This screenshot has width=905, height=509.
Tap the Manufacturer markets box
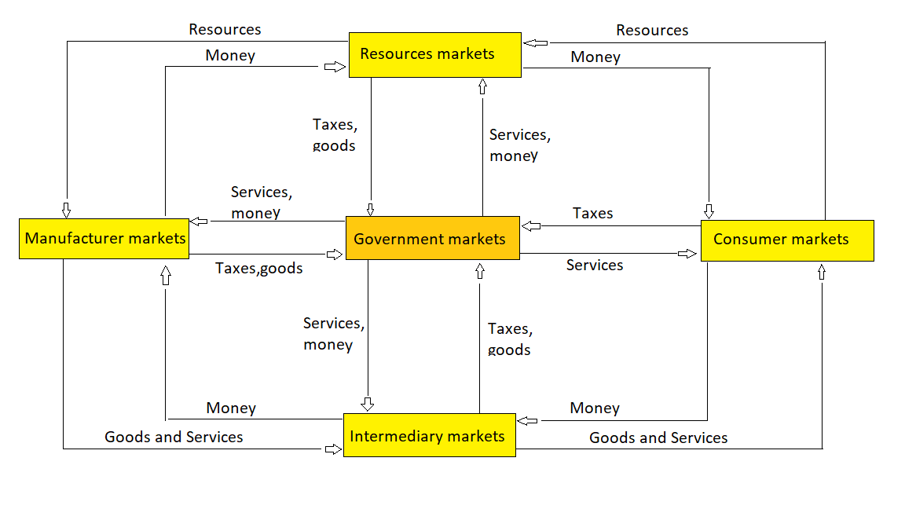coord(104,238)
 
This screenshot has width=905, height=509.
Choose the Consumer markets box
coord(786,240)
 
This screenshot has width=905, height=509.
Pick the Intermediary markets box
coord(429,435)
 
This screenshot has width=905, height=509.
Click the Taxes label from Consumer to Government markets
coord(592,213)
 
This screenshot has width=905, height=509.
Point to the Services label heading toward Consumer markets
coord(595,265)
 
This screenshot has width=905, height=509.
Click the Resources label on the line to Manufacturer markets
coord(225,29)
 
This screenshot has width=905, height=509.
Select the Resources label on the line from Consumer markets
coord(652,30)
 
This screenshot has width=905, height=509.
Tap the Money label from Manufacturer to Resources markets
coord(230,55)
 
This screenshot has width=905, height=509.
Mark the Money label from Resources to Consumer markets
coord(595,57)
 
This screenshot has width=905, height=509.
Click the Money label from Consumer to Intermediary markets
coord(595,408)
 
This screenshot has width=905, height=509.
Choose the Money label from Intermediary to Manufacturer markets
coord(231,408)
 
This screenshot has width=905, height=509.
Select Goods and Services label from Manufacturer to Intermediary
coord(174,437)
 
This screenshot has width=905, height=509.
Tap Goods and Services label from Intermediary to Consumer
coord(658,438)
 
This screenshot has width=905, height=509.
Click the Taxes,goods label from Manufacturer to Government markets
coord(259,269)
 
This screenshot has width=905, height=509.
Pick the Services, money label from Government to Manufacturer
coord(261,203)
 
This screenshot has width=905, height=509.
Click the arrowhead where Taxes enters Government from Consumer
coord(532,226)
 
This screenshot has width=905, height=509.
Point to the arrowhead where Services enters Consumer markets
coord(688,254)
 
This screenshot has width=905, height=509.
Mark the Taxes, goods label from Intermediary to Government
coord(509,339)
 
